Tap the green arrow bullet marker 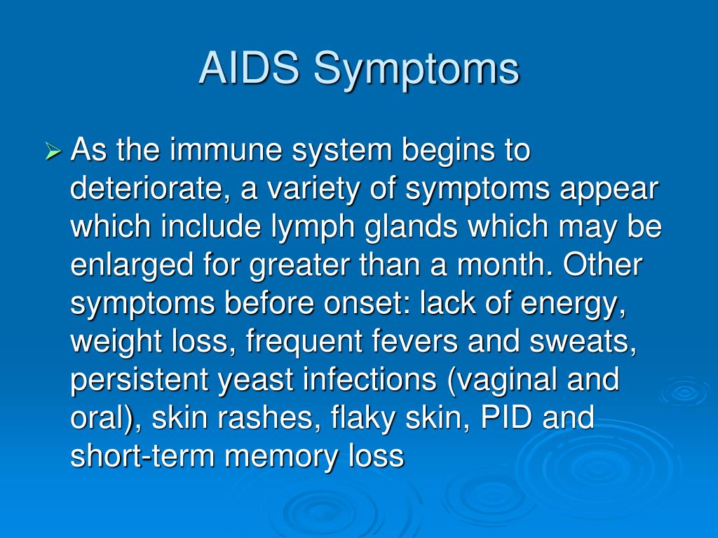53,151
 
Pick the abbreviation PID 506,417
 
